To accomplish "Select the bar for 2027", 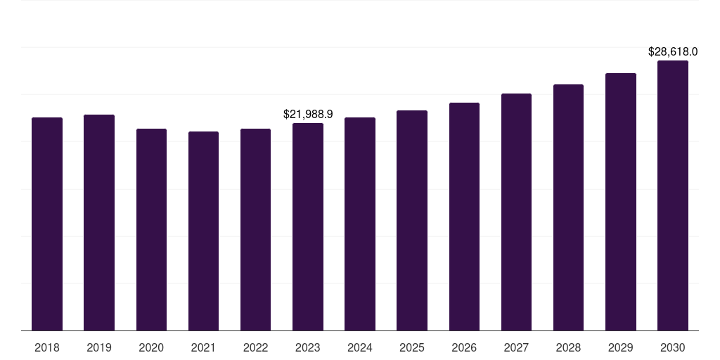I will tap(516, 212).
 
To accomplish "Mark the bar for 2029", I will tap(621, 202).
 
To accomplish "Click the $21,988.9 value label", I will tap(308, 114).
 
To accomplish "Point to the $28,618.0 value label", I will tap(673, 51).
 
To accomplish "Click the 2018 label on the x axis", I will tap(47, 347).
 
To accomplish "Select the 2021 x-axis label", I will tap(203, 347).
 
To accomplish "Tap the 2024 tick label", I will tap(360, 347).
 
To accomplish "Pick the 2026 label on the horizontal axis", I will tap(464, 347).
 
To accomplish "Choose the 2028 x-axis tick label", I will tap(568, 347).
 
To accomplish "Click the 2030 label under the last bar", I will tap(673, 347).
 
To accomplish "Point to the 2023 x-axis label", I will tap(308, 347).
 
